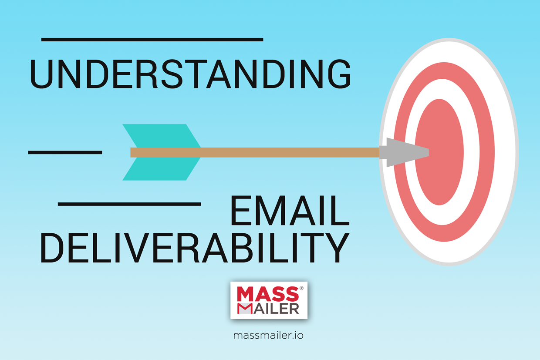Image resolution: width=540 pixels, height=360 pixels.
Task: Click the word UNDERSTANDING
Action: (x=190, y=74)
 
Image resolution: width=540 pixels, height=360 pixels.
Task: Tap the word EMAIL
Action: (x=290, y=211)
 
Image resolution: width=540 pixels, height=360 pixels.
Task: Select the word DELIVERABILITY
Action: (x=195, y=247)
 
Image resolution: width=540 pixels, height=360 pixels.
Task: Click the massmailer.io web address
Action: (x=268, y=335)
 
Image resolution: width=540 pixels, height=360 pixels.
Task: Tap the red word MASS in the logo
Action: (x=267, y=294)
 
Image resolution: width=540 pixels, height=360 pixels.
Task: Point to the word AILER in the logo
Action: (x=276, y=309)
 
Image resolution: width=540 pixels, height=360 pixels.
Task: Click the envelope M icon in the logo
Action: (x=244, y=309)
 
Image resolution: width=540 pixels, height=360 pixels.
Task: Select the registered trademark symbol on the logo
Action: (x=301, y=288)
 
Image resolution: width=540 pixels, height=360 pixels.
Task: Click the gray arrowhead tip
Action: (x=429, y=152)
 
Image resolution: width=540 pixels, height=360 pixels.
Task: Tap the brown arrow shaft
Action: (x=255, y=152)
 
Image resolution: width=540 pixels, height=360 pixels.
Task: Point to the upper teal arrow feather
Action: (x=162, y=136)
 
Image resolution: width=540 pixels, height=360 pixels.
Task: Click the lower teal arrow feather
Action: (x=162, y=168)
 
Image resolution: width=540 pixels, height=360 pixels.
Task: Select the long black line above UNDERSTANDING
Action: (x=152, y=40)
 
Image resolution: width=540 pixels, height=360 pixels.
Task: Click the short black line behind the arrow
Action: (x=65, y=152)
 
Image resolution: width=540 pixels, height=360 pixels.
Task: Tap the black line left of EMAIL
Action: (x=129, y=204)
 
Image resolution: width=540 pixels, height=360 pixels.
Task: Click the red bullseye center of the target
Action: (x=439, y=152)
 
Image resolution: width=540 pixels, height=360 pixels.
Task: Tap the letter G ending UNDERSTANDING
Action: (x=339, y=74)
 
